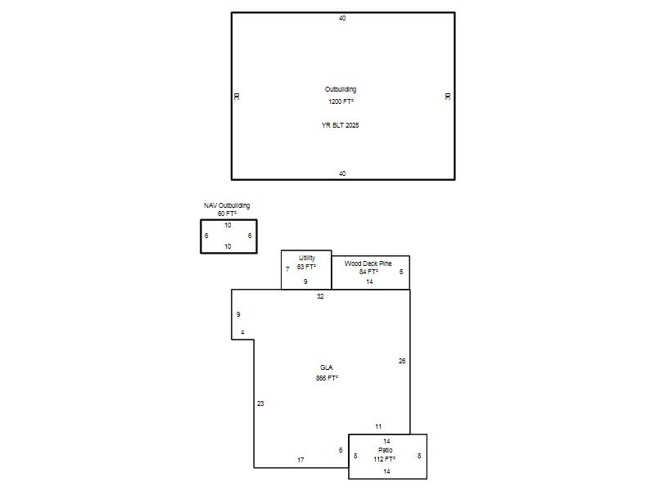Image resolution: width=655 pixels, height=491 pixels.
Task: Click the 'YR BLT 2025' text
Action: tap(340, 125)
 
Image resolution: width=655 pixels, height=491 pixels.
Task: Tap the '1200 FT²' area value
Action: tap(341, 101)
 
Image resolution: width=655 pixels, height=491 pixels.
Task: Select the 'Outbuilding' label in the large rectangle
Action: tap(341, 89)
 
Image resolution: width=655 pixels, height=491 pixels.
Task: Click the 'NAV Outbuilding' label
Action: tap(227, 205)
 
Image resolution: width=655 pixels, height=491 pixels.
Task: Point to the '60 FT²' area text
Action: tap(227, 214)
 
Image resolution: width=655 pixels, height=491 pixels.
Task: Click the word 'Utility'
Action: tap(307, 258)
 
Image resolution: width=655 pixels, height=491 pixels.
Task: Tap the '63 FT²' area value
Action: tap(306, 267)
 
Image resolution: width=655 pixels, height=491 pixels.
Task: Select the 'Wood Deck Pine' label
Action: tap(368, 264)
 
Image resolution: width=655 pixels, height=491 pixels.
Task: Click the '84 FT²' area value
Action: tap(369, 272)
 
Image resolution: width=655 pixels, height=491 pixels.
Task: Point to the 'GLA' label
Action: tap(326, 367)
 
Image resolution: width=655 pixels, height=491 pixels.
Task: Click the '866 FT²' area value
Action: tap(327, 378)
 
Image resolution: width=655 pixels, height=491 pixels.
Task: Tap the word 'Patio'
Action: tap(385, 450)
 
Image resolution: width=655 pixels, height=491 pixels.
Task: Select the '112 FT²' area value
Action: tap(384, 459)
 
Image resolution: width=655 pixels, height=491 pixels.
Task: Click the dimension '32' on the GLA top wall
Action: tap(320, 296)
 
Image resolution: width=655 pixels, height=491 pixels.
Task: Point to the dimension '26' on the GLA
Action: tap(402, 361)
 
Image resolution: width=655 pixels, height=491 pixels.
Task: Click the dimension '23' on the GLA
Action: tap(260, 403)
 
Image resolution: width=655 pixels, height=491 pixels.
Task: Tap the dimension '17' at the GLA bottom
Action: tap(300, 460)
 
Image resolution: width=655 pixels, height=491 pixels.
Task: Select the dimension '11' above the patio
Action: tap(378, 426)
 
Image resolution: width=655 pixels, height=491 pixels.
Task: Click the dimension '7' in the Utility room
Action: tap(287, 269)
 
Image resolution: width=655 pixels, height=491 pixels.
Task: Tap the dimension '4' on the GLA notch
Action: tap(242, 333)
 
